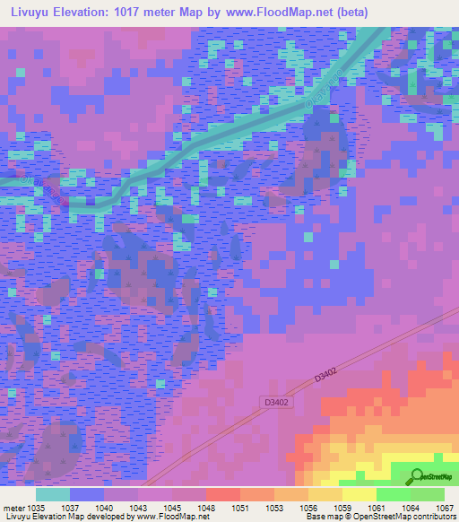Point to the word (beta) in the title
click(x=369, y=13)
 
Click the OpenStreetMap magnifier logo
click(x=418, y=476)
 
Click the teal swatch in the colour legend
click(x=53, y=494)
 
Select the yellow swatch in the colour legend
click(x=359, y=494)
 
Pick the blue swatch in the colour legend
click(x=87, y=494)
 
